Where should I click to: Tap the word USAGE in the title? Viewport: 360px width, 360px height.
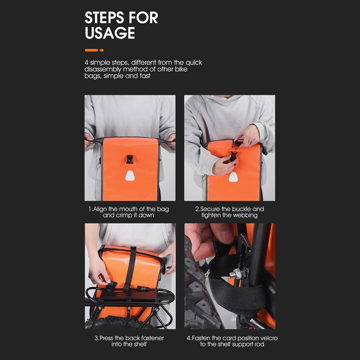(x=110, y=33)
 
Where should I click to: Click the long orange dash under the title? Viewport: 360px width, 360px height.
(x=91, y=50)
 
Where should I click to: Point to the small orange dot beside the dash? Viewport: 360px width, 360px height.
(x=102, y=50)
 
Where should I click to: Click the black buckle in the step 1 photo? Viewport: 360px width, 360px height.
(x=130, y=159)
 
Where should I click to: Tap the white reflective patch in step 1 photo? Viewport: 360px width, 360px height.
(x=130, y=176)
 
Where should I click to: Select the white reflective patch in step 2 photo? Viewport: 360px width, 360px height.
(x=233, y=177)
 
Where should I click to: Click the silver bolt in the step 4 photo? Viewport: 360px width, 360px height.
(x=235, y=274)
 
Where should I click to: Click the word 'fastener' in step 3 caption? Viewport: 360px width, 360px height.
(x=153, y=338)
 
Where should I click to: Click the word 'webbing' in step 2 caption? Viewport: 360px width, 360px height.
(x=246, y=215)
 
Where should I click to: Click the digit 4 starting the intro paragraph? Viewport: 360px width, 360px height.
(x=86, y=62)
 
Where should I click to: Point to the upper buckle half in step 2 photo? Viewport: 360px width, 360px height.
(x=237, y=144)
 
